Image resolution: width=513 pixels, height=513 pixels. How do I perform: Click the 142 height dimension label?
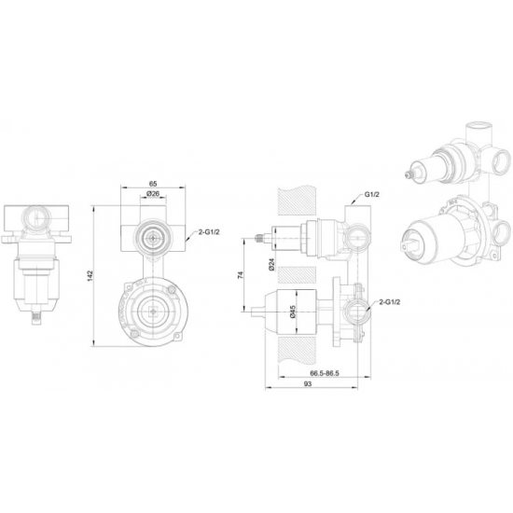[x=90, y=275]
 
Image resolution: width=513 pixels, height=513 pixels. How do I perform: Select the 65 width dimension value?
[x=153, y=184]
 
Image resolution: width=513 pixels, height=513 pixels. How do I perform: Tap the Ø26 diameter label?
[x=153, y=194]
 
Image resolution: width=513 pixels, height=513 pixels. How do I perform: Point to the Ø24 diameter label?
[x=271, y=264]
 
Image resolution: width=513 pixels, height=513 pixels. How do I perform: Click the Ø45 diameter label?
[x=293, y=312]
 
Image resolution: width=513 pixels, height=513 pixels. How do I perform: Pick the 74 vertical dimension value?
[x=242, y=274]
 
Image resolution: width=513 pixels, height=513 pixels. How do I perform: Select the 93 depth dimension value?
[x=308, y=383]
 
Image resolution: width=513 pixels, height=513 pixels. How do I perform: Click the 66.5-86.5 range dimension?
[x=325, y=373]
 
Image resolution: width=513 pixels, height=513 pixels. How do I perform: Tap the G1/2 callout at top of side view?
[x=372, y=194]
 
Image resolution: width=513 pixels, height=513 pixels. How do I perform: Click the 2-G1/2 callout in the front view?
[x=209, y=232]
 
